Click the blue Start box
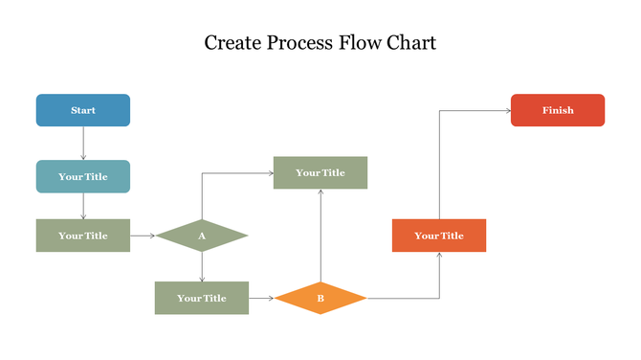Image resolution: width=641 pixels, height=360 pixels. pyautogui.click(x=83, y=110)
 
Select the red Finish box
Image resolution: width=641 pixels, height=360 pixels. pyautogui.click(x=558, y=110)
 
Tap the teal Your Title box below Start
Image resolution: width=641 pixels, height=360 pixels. pyautogui.click(x=83, y=176)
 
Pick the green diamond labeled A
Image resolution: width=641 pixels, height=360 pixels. pyautogui.click(x=202, y=236)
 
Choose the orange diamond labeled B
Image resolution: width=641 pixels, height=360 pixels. pyautogui.click(x=320, y=299)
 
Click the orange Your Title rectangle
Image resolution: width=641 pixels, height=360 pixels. pyautogui.click(x=439, y=236)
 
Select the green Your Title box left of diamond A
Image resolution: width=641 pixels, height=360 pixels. pyautogui.click(x=83, y=236)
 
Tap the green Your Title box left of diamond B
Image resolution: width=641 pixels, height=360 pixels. pyautogui.click(x=202, y=298)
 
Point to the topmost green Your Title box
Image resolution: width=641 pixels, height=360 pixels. pyautogui.click(x=320, y=172)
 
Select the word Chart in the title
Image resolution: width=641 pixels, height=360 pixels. pyautogui.click(x=411, y=43)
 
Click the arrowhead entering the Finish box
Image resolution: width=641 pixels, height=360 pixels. pyautogui.click(x=507, y=110)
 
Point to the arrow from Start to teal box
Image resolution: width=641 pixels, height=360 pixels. pyautogui.click(x=83, y=143)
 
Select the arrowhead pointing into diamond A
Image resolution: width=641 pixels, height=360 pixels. pyautogui.click(x=152, y=235)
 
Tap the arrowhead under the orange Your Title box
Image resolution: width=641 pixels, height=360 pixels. pyautogui.click(x=439, y=256)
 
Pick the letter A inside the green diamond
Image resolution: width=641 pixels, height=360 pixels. pyautogui.click(x=202, y=236)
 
